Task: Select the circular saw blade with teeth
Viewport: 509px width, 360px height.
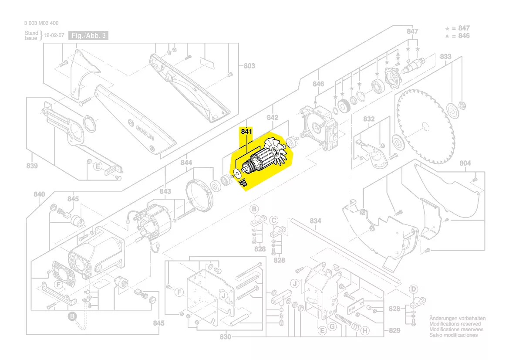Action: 426,126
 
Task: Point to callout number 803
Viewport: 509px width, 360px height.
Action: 249,66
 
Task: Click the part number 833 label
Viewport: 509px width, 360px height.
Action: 445,57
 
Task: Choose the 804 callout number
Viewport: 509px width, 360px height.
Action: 465,163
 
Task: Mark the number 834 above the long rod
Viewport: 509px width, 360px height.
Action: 316,221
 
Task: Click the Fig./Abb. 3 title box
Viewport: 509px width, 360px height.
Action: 89,36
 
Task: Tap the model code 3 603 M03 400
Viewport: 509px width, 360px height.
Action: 41,23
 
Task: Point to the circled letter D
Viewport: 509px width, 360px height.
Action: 414,289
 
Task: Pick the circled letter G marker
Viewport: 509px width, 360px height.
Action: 332,327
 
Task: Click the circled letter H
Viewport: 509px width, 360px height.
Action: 365,331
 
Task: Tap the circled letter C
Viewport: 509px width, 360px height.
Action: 274,220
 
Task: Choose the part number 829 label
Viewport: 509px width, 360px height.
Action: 394,331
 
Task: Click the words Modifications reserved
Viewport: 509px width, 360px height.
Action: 455,324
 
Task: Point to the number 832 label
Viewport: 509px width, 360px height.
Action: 369,119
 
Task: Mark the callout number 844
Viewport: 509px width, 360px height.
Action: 186,163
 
